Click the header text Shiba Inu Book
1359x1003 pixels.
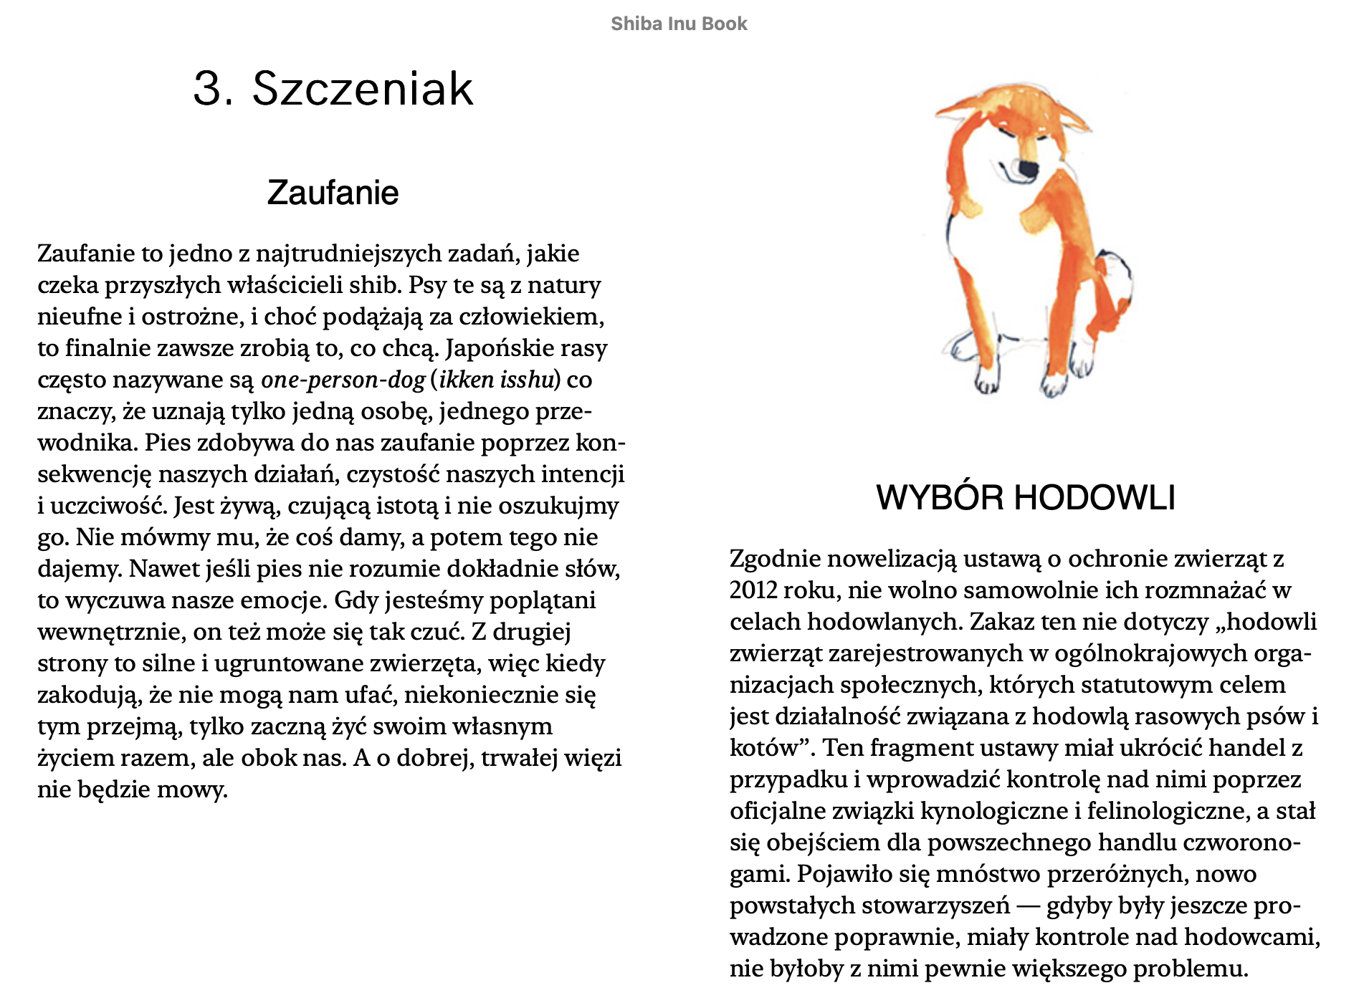pos(679,24)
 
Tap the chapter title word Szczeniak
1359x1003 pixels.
pos(362,89)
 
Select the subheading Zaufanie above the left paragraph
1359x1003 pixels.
pos(333,193)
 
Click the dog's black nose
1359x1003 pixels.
pos(1028,169)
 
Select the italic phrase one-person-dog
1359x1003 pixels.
pos(343,380)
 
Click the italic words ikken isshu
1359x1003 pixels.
pos(497,380)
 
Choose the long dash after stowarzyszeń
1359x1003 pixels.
pos(1028,906)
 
